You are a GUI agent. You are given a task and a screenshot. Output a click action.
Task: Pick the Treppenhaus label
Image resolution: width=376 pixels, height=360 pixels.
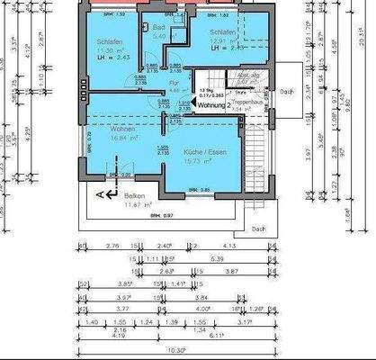click(x=246, y=103)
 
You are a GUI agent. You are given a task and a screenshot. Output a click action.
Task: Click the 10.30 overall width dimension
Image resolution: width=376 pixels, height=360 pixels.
click(x=175, y=350)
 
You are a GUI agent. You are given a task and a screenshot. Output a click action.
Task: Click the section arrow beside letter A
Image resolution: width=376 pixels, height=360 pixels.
click(x=107, y=193)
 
